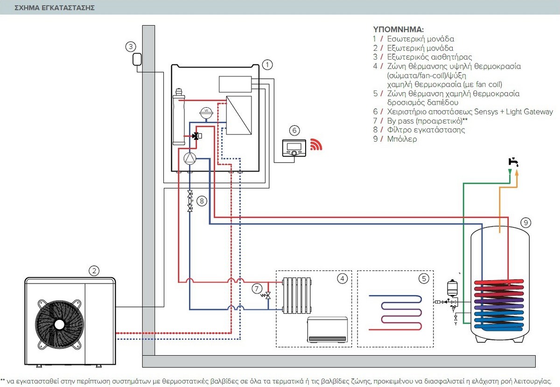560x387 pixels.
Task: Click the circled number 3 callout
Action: click(x=131, y=46)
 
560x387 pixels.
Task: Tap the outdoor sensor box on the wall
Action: click(x=137, y=60)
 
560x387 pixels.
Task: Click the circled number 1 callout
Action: click(x=267, y=64)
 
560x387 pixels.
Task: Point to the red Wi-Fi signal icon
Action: click(x=316, y=145)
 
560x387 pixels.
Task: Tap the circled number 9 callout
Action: click(x=525, y=223)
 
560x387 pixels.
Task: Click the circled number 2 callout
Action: click(x=94, y=270)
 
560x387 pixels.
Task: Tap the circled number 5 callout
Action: click(x=423, y=278)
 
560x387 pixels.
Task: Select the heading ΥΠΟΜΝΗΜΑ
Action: click(x=398, y=29)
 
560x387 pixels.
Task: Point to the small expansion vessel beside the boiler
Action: click(x=451, y=286)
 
